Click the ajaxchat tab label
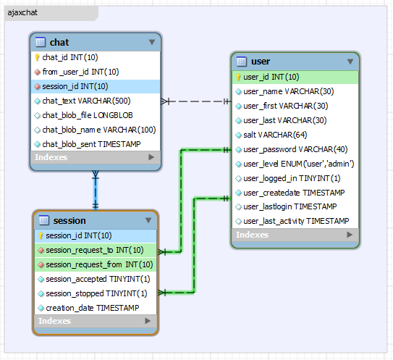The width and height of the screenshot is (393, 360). click(x=22, y=14)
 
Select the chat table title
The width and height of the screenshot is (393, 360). click(x=59, y=42)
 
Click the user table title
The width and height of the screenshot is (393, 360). click(x=261, y=62)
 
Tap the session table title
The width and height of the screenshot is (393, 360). click(x=69, y=220)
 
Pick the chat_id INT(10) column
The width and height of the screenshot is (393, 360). click(x=69, y=57)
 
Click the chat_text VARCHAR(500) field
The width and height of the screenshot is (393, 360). click(x=86, y=101)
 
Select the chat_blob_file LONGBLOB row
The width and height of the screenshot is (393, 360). click(x=87, y=115)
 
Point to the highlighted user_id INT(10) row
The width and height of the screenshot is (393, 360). click(x=271, y=77)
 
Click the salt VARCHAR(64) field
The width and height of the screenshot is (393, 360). click(x=265, y=135)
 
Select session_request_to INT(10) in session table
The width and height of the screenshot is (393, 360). click(x=94, y=250)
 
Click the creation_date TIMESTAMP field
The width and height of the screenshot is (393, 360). click(x=92, y=308)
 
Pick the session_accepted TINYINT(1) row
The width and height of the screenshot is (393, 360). click(x=98, y=279)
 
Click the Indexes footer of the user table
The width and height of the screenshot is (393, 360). click(x=253, y=235)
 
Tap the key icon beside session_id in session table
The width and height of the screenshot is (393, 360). click(x=41, y=235)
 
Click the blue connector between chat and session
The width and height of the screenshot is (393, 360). click(x=95, y=190)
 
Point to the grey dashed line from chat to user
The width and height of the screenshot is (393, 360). click(x=199, y=101)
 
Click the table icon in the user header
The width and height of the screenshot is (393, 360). click(x=241, y=62)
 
